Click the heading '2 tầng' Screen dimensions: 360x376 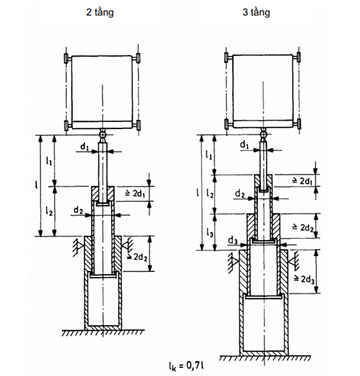coord(100,13)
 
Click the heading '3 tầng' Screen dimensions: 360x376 coord(256,13)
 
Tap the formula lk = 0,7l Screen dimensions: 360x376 coord(186,366)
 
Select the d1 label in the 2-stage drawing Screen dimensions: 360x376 coord(84,146)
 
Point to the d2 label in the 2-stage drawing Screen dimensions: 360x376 coord(78,210)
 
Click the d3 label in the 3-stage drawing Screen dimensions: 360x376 coord(232,240)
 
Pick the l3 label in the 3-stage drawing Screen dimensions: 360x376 coord(209,232)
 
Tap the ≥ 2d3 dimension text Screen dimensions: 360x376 coord(304,279)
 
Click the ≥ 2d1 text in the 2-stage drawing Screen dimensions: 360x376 coord(135,193)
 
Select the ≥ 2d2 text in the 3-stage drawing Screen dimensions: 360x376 coord(303,227)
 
